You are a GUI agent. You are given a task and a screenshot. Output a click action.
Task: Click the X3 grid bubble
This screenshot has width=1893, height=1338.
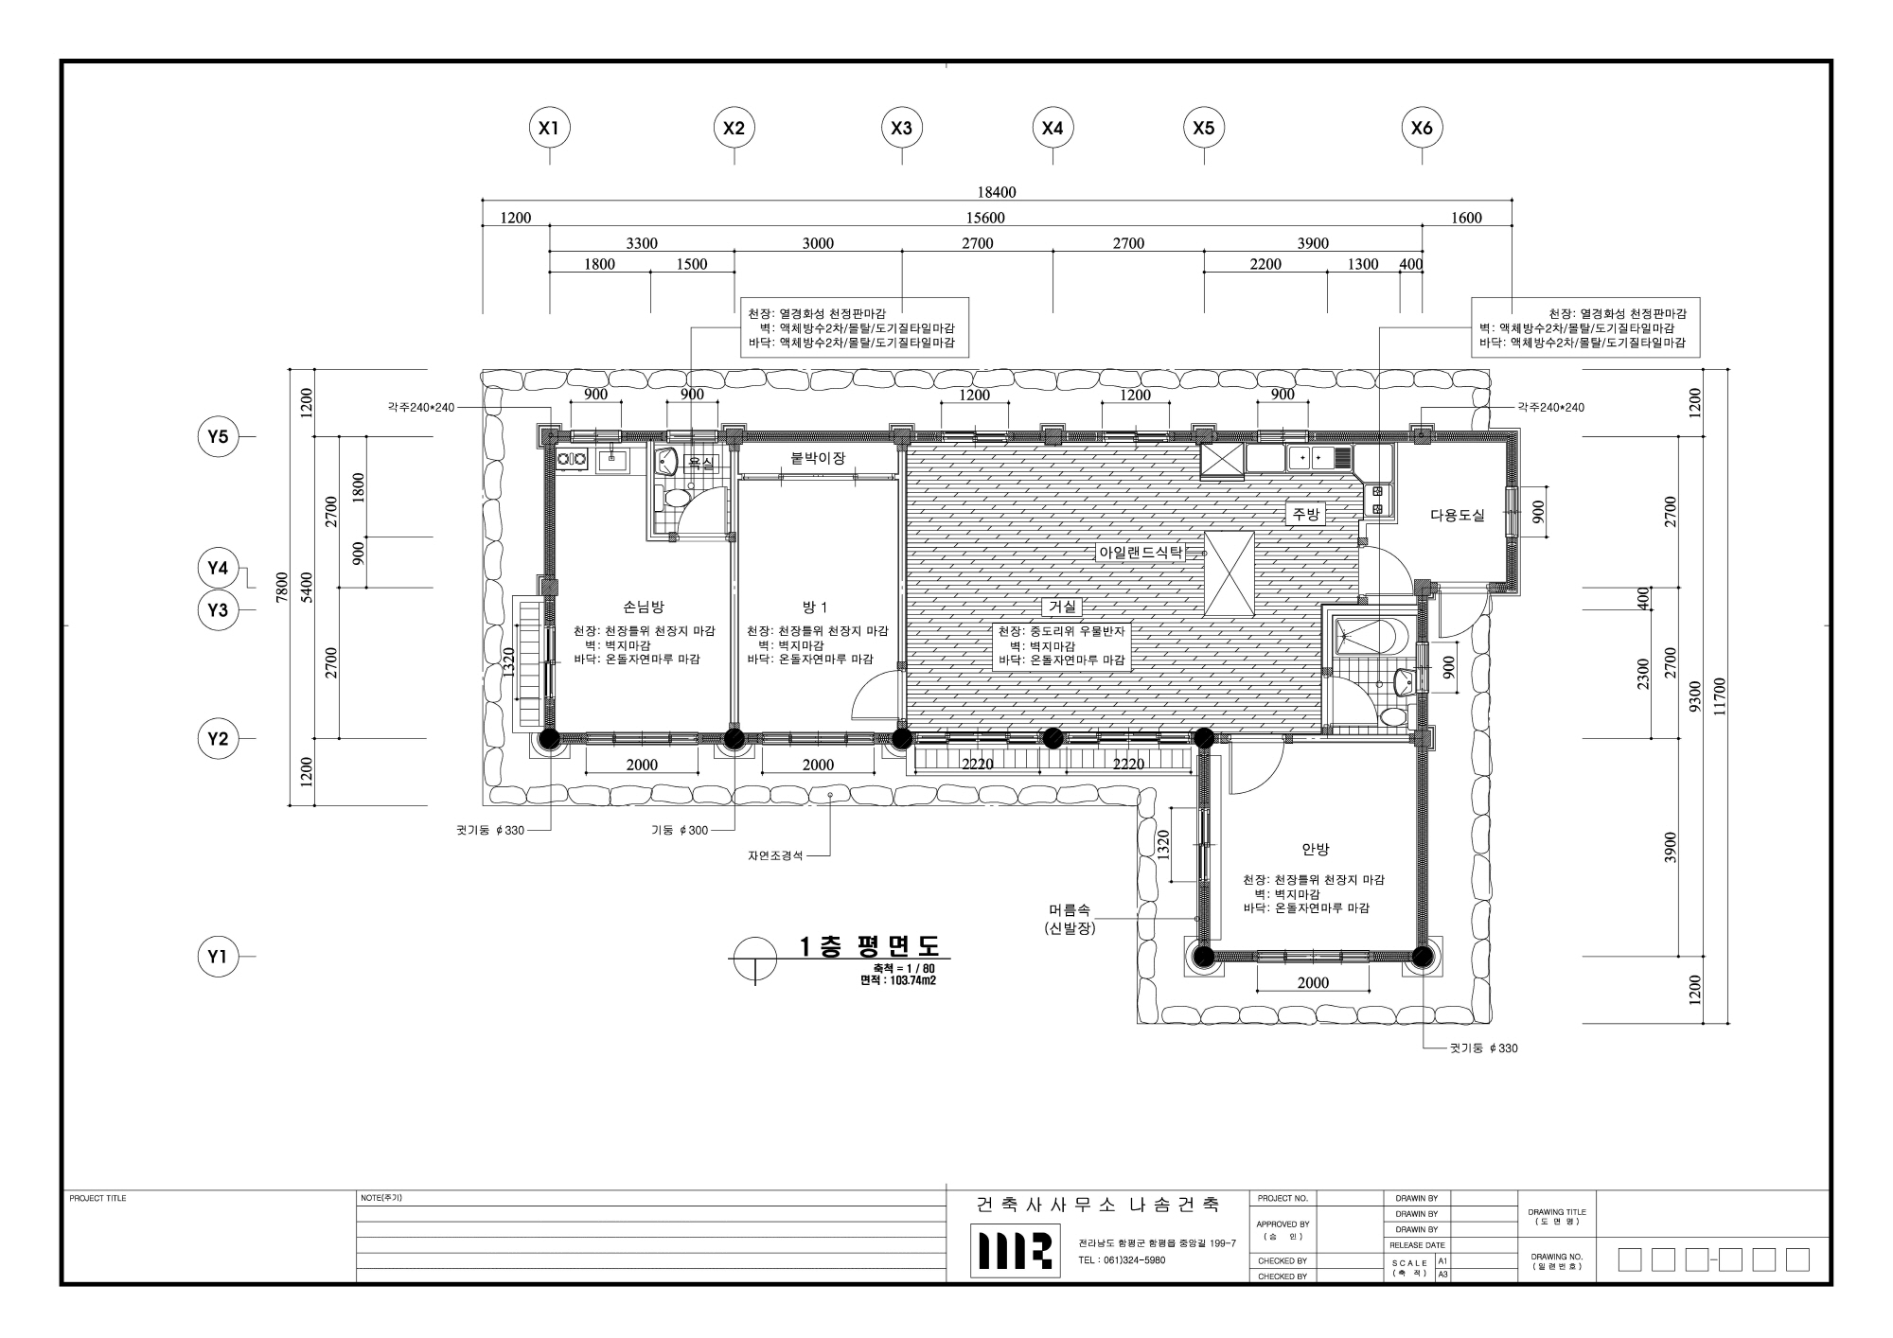[902, 128]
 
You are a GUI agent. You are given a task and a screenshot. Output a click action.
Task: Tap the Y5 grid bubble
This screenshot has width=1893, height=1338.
[219, 437]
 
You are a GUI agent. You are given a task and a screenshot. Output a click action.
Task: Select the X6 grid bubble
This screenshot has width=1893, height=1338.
[1422, 128]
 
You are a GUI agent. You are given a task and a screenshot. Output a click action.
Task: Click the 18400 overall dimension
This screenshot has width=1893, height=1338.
[996, 192]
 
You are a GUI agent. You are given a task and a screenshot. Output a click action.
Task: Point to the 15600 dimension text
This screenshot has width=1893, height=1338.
[985, 218]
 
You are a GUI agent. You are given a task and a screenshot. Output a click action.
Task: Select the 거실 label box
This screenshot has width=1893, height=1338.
[1063, 607]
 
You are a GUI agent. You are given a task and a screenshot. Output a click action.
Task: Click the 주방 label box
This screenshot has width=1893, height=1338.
[1305, 514]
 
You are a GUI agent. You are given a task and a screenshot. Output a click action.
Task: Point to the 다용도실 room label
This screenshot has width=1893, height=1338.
[1458, 516]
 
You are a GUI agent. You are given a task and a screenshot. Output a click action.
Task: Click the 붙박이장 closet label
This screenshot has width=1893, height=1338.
[818, 458]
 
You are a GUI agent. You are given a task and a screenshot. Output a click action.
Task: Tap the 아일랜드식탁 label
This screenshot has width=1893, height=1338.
[1141, 553]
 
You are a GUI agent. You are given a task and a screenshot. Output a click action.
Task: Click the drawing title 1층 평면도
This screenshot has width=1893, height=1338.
[871, 946]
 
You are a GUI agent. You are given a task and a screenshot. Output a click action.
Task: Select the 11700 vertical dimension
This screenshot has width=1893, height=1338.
[1720, 696]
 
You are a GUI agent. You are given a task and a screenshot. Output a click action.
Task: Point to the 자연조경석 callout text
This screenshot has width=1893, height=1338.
[775, 855]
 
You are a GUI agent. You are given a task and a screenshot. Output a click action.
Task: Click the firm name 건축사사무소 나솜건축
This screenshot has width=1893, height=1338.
[1098, 1205]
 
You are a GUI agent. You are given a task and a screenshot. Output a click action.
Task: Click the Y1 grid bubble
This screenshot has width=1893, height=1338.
[219, 957]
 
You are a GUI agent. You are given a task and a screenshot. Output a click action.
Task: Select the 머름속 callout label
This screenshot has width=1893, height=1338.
[1070, 909]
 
